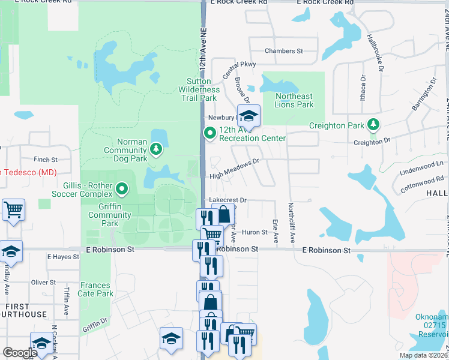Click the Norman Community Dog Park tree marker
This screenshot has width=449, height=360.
[156, 148]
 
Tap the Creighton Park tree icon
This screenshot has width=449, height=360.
[374, 124]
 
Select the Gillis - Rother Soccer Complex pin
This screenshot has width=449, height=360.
[122, 190]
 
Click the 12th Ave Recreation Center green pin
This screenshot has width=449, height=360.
[210, 133]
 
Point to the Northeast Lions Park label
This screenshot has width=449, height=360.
[294, 100]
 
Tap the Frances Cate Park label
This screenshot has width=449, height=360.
[95, 290]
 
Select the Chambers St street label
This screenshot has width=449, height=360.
[284, 52]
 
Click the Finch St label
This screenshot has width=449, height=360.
[45, 160]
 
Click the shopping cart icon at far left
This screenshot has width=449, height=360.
[13, 209]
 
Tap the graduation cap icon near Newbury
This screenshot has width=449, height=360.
[248, 115]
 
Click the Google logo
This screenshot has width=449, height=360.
[20, 353]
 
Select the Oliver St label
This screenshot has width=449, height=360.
[43, 282]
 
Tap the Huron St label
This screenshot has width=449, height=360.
[255, 232]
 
